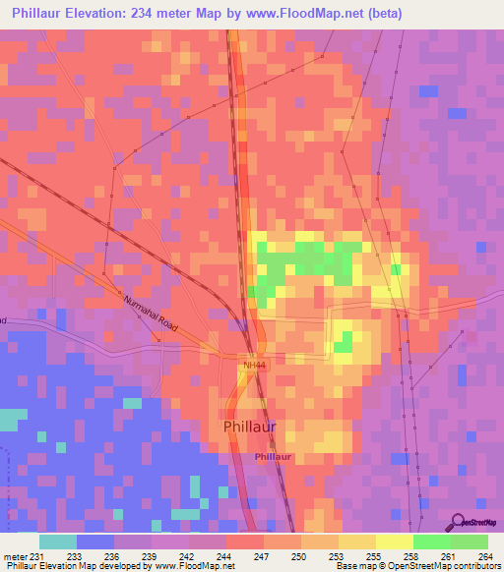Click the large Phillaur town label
tap(250, 427)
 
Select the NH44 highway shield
tap(255, 366)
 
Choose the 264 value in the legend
tap(483, 555)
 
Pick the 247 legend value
tap(263, 555)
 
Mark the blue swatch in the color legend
tap(95, 542)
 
